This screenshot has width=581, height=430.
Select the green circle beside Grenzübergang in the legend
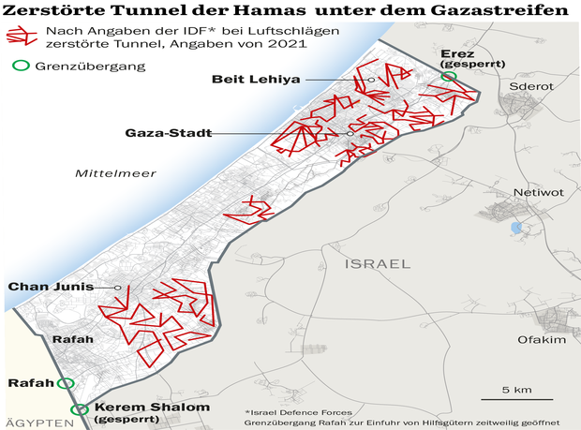coord(19,67)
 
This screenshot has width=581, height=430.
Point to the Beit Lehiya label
coord(256,80)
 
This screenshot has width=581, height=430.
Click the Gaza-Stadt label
coord(167,133)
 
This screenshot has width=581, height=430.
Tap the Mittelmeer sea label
coord(115,173)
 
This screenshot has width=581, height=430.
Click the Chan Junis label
coord(48,287)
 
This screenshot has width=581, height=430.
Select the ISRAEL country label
coord(378,265)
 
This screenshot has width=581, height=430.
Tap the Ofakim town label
coord(542,340)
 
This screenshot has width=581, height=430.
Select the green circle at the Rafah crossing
coord(65,383)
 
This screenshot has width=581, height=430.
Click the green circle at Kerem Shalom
coord(82,409)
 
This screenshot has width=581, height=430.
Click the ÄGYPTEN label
coord(38,423)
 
